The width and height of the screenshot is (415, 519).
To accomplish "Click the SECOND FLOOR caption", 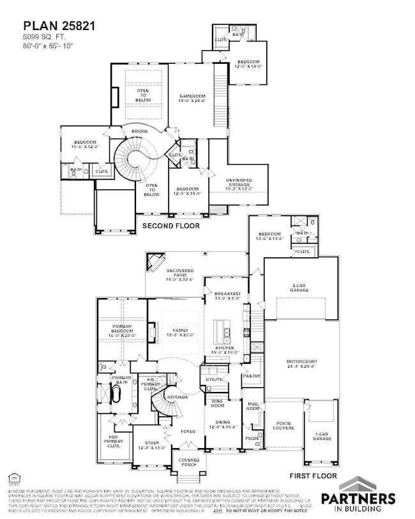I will (x=170, y=225).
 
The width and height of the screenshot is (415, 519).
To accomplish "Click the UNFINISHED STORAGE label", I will (x=239, y=186).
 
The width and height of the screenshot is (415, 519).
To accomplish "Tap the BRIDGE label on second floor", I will (x=140, y=131).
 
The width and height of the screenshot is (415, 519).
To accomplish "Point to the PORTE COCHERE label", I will (x=284, y=425).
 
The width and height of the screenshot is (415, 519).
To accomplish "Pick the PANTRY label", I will (x=251, y=377).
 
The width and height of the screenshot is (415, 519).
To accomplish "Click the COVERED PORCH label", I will (x=189, y=462).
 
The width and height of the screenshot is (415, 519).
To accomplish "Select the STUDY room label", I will (x=151, y=445).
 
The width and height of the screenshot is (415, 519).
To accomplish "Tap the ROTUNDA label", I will (x=177, y=397).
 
